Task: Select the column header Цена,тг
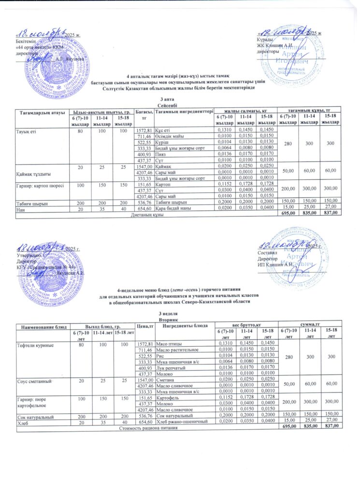click(145, 327)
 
